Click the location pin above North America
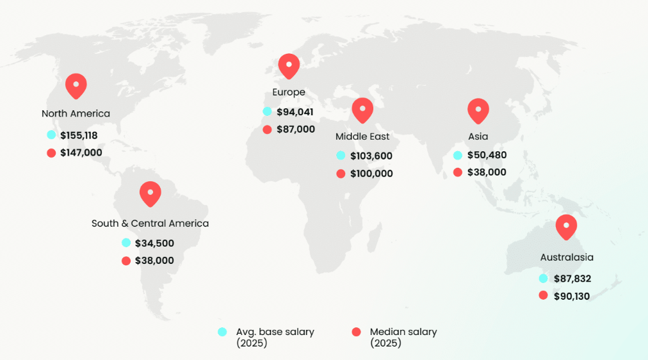click(x=76, y=85)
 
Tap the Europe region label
click(x=289, y=92)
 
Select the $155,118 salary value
click(x=79, y=135)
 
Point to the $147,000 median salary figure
click(x=81, y=152)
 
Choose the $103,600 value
click(x=371, y=156)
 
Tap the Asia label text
click(x=478, y=136)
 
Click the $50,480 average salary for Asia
click(x=487, y=155)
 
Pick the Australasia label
click(x=567, y=258)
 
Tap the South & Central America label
click(x=150, y=224)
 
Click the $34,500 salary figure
click(x=154, y=243)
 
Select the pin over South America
click(x=150, y=193)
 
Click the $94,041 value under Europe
click(x=295, y=112)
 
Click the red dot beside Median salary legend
click(x=357, y=332)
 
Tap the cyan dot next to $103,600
click(x=341, y=156)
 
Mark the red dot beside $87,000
click(x=267, y=129)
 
